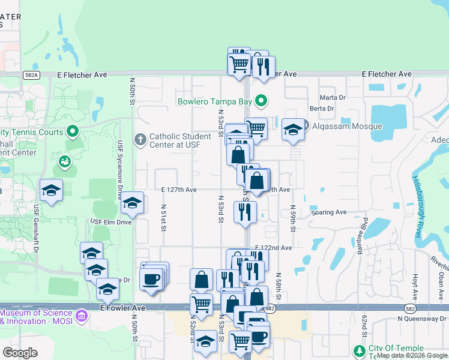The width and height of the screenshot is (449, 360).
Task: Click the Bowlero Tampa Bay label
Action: [x=214, y=101]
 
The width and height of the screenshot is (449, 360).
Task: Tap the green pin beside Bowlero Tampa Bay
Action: [x=261, y=101]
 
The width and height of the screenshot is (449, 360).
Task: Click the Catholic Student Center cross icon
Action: [x=140, y=140]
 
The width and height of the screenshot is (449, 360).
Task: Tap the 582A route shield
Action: [x=32, y=75]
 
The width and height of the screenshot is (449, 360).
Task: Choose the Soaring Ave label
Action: [x=329, y=212]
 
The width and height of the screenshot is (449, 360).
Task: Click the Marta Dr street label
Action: [x=333, y=97]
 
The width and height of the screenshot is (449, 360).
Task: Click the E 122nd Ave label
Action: [x=273, y=247]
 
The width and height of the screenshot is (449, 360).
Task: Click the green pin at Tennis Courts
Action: [x=73, y=130]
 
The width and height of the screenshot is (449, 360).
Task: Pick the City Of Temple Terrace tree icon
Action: [x=360, y=351]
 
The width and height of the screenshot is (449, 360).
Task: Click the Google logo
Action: [x=20, y=353]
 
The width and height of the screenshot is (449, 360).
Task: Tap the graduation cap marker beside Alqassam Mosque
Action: [x=292, y=130]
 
